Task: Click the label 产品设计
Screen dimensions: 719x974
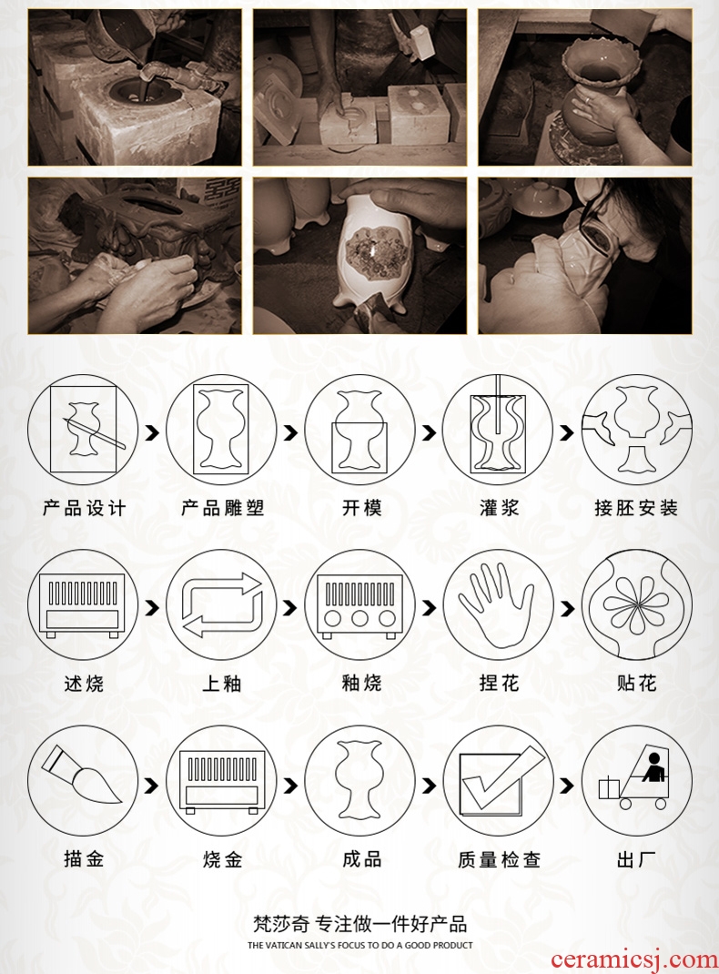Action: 84,508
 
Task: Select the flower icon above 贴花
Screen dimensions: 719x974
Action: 636,606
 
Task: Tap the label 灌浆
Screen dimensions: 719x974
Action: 499,508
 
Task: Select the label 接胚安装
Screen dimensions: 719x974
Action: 636,508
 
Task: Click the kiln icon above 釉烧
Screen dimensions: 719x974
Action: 359,607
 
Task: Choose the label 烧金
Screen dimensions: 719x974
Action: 222,859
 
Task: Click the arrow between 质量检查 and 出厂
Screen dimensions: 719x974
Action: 566,786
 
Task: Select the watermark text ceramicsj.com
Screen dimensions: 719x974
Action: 633,960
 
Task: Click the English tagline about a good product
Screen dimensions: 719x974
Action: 360,945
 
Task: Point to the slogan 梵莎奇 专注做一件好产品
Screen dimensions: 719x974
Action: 360,924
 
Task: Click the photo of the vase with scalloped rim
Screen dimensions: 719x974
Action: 584,87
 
